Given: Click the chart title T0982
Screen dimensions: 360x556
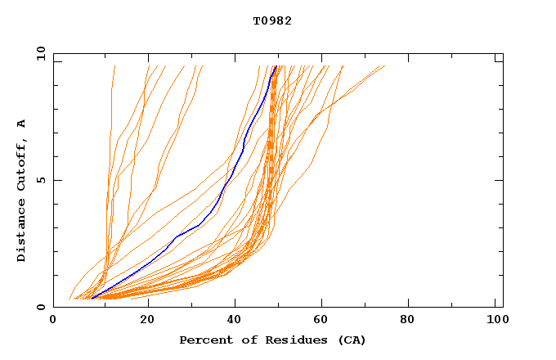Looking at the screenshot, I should point(272,20).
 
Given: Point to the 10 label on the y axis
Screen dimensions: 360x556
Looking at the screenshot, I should point(40,54).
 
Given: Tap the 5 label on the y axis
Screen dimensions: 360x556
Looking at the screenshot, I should point(40,180).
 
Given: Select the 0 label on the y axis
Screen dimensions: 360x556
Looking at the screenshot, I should point(40,307).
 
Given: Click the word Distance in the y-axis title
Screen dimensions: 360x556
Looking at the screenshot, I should point(22,232).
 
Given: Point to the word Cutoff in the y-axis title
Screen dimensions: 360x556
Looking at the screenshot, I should point(22,161).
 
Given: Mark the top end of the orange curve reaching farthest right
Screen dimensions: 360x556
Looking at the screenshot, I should point(384,66).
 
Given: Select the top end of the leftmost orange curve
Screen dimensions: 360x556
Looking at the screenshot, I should point(114,66).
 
